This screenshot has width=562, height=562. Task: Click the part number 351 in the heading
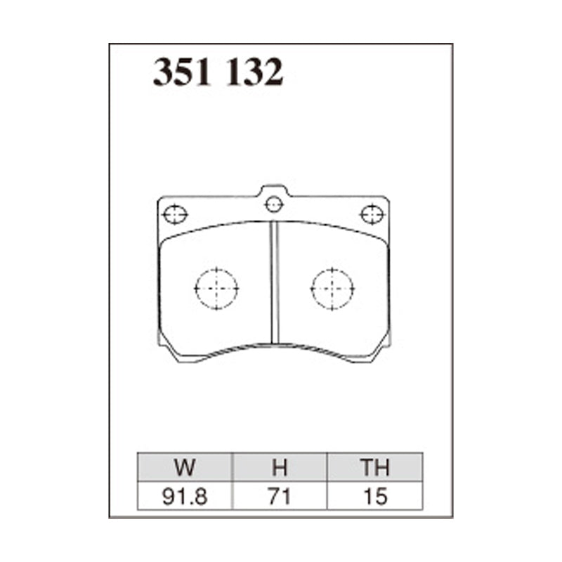point(182,72)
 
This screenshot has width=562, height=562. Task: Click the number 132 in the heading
point(255,72)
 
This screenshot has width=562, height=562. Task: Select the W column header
point(185,467)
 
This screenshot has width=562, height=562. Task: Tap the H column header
point(280,467)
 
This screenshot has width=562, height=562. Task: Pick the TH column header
point(375,467)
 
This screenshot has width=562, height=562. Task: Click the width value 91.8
point(185,497)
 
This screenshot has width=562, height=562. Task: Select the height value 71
point(280,497)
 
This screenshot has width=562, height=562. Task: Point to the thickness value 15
point(376,497)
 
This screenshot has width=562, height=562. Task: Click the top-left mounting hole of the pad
point(175,214)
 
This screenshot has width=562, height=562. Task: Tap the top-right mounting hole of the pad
point(372,214)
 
